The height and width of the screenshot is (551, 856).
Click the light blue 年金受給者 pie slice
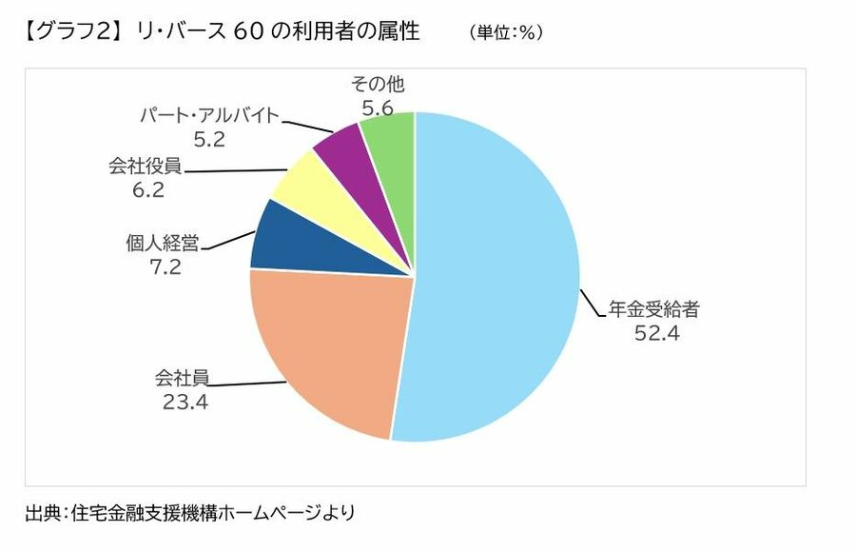495,276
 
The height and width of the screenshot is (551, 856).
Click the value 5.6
377,108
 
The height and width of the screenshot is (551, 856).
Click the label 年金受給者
658,310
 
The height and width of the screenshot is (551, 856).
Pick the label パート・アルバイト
210,116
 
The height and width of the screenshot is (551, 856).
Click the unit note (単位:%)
505,31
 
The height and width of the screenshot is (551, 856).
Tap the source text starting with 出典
190,513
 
